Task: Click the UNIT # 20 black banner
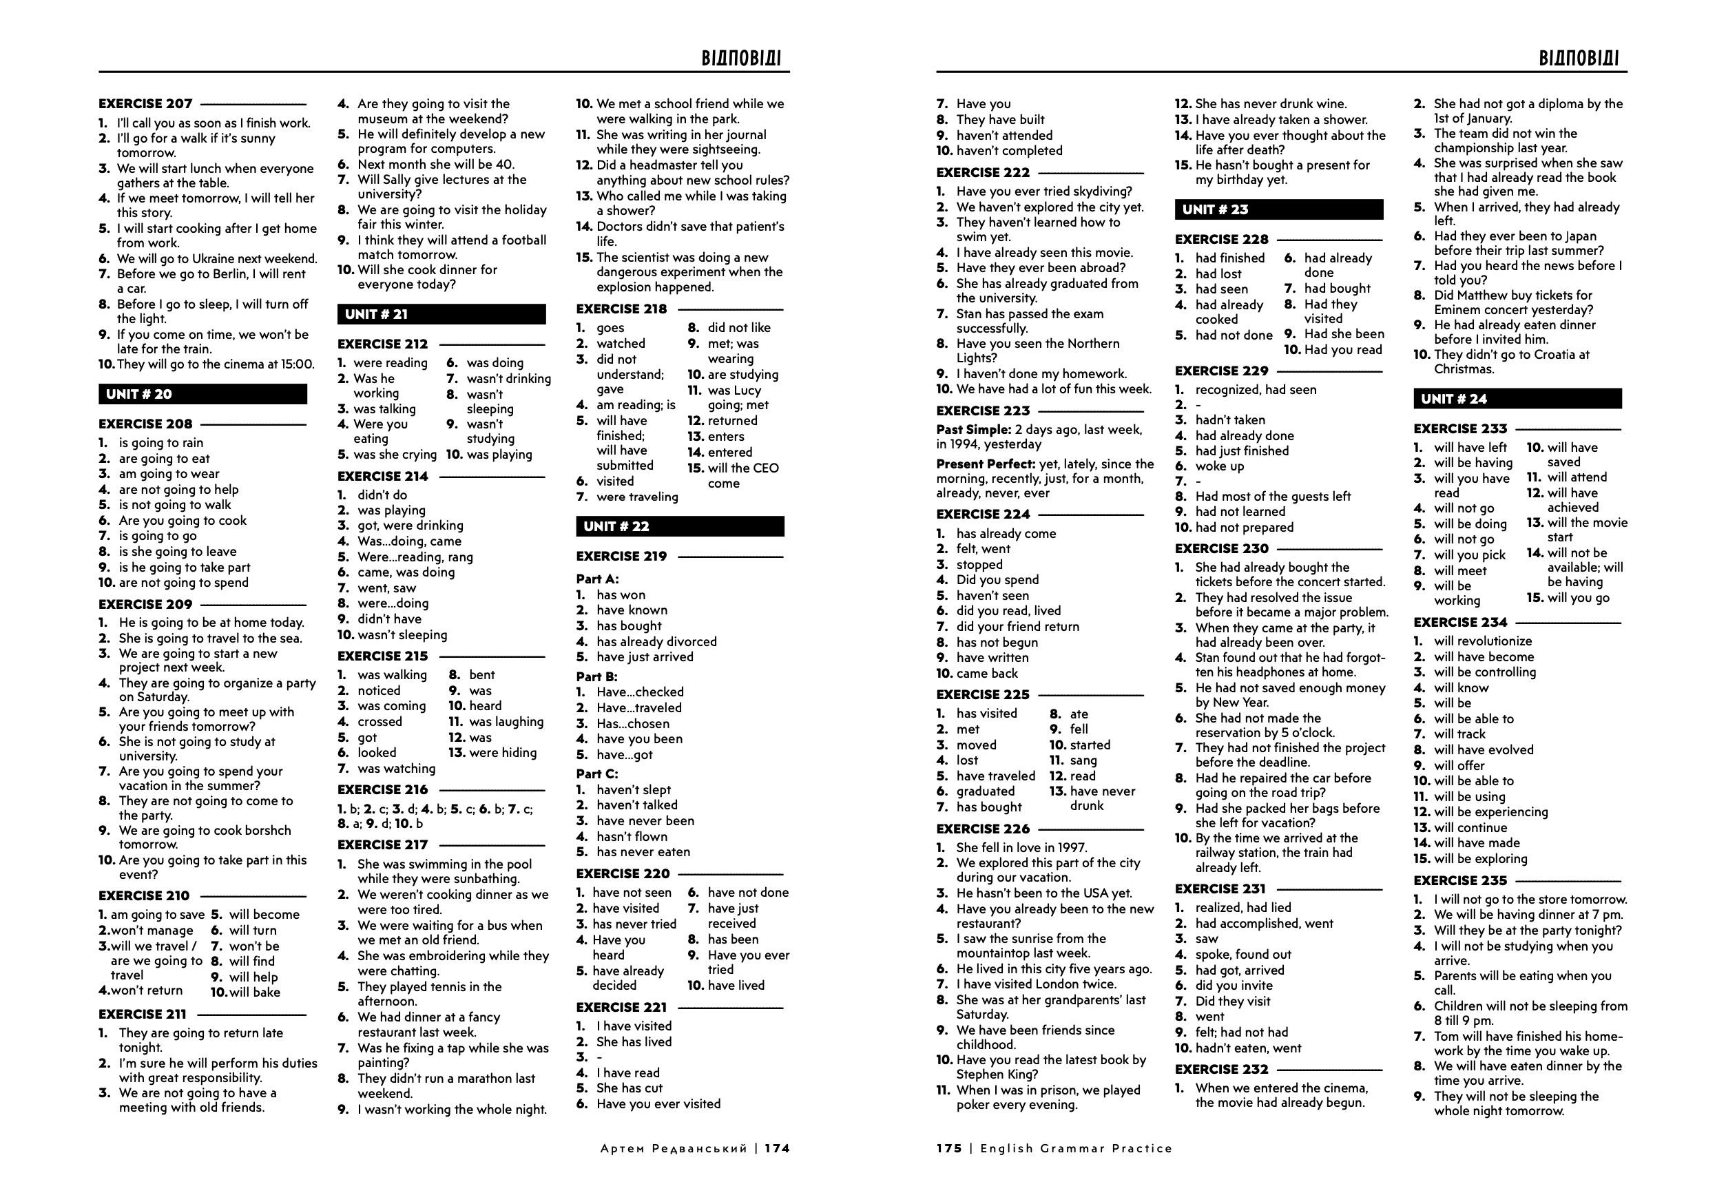click(x=202, y=394)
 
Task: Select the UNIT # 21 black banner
click(x=441, y=314)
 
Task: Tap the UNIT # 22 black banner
click(x=680, y=526)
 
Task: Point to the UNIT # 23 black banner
click(x=1278, y=209)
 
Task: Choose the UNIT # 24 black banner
click(x=1517, y=398)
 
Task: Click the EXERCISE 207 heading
click(x=146, y=104)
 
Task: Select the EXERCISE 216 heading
click(x=383, y=789)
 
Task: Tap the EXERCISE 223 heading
click(x=983, y=411)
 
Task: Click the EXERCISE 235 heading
click(x=1460, y=880)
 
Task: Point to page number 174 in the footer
click(x=778, y=1148)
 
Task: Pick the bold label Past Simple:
click(x=973, y=430)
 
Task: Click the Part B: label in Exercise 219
click(x=597, y=676)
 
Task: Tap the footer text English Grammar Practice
click(x=1076, y=1148)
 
